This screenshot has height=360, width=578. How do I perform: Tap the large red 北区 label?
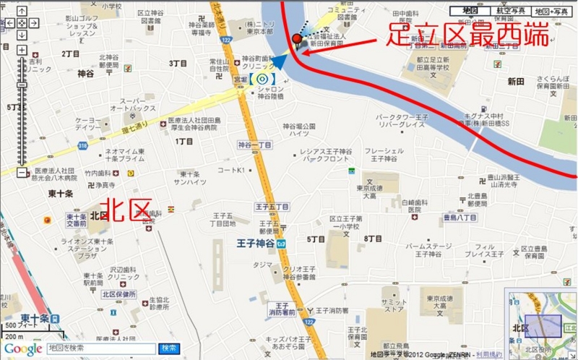[129, 210]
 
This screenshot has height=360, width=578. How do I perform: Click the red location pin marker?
[297, 40]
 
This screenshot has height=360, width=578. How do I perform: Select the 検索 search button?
[169, 348]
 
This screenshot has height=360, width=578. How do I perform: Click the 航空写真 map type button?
[511, 12]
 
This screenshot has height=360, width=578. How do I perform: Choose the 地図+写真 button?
[551, 12]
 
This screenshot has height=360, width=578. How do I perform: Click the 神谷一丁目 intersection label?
[255, 145]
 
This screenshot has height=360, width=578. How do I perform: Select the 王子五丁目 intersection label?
[272, 207]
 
